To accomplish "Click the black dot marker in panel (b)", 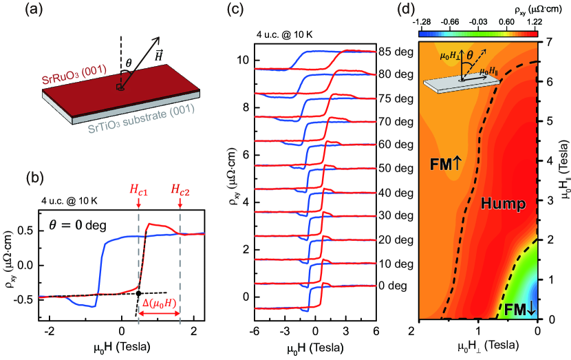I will [139, 293].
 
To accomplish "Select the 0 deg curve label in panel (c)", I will [394, 284].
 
